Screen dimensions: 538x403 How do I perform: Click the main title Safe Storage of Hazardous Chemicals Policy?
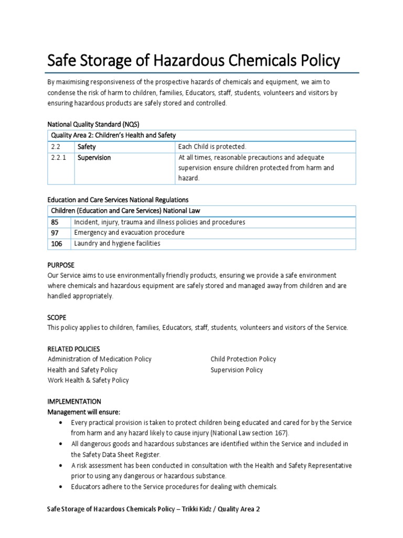[194, 61]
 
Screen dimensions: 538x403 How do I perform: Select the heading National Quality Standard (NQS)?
[91, 124]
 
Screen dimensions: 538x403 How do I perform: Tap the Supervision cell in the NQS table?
[94, 158]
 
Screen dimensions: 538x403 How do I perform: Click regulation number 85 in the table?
[55, 222]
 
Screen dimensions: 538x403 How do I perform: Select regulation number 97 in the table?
[55, 233]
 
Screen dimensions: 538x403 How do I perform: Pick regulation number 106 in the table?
[57, 244]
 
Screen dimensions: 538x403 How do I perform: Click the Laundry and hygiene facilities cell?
[117, 244]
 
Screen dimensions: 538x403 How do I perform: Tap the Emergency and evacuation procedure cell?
[129, 233]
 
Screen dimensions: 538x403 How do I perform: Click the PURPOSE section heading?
[61, 265]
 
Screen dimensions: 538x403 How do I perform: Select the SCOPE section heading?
[57, 317]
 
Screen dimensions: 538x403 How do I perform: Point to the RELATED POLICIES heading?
[73, 349]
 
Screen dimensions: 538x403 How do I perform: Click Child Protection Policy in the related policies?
[243, 359]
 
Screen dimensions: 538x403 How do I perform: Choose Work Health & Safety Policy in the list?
[88, 380]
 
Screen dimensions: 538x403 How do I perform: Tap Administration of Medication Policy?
[99, 359]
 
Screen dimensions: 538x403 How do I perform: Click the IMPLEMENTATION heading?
[74, 401]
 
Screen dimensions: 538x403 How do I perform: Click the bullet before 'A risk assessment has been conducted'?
[62, 465]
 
